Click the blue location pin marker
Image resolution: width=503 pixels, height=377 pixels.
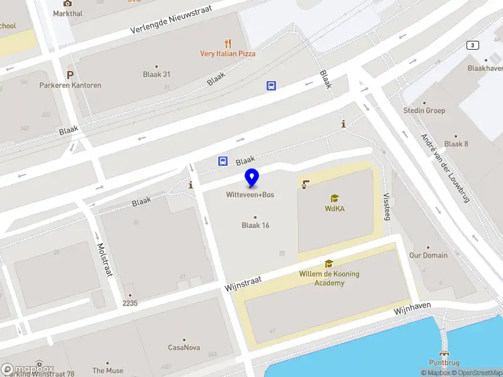(x=251, y=178)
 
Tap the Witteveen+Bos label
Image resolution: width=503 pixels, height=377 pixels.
(x=250, y=195)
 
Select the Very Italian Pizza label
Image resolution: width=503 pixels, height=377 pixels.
(x=228, y=54)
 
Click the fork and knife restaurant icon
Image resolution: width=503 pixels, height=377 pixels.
(x=228, y=43)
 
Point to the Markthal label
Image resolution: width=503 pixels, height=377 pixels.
(x=67, y=13)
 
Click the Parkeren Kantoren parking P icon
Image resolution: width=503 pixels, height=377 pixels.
(x=70, y=74)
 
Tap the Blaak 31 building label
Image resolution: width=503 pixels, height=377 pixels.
(x=157, y=74)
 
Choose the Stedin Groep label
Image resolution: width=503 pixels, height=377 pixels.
(x=424, y=111)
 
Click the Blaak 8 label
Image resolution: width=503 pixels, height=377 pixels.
(x=456, y=144)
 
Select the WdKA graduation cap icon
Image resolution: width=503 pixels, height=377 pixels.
(x=334, y=198)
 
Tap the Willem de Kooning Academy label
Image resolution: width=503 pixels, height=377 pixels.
(x=329, y=278)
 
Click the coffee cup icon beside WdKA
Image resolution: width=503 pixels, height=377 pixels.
(x=305, y=185)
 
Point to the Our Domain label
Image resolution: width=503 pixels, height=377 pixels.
(x=428, y=255)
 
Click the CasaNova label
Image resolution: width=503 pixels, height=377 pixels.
(x=184, y=347)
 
